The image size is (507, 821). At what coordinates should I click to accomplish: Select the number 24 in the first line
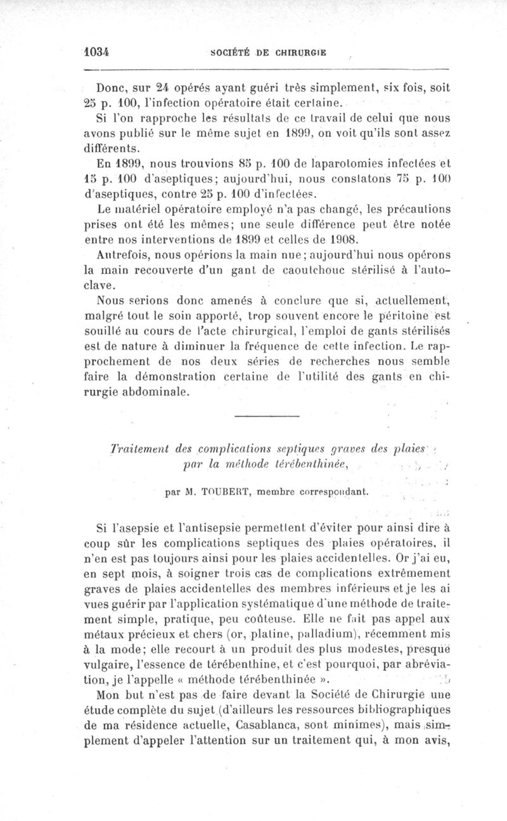(164, 89)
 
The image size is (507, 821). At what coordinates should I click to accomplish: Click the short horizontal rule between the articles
(266, 415)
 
